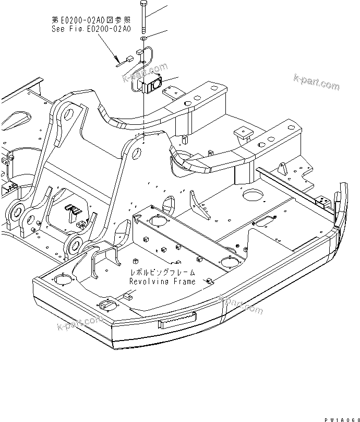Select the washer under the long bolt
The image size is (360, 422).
click(143, 38)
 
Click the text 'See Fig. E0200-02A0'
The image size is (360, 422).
click(91, 30)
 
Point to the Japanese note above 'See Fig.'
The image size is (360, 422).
click(91, 20)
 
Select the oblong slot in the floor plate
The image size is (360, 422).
click(265, 221)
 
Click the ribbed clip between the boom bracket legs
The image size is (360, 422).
click(73, 210)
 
